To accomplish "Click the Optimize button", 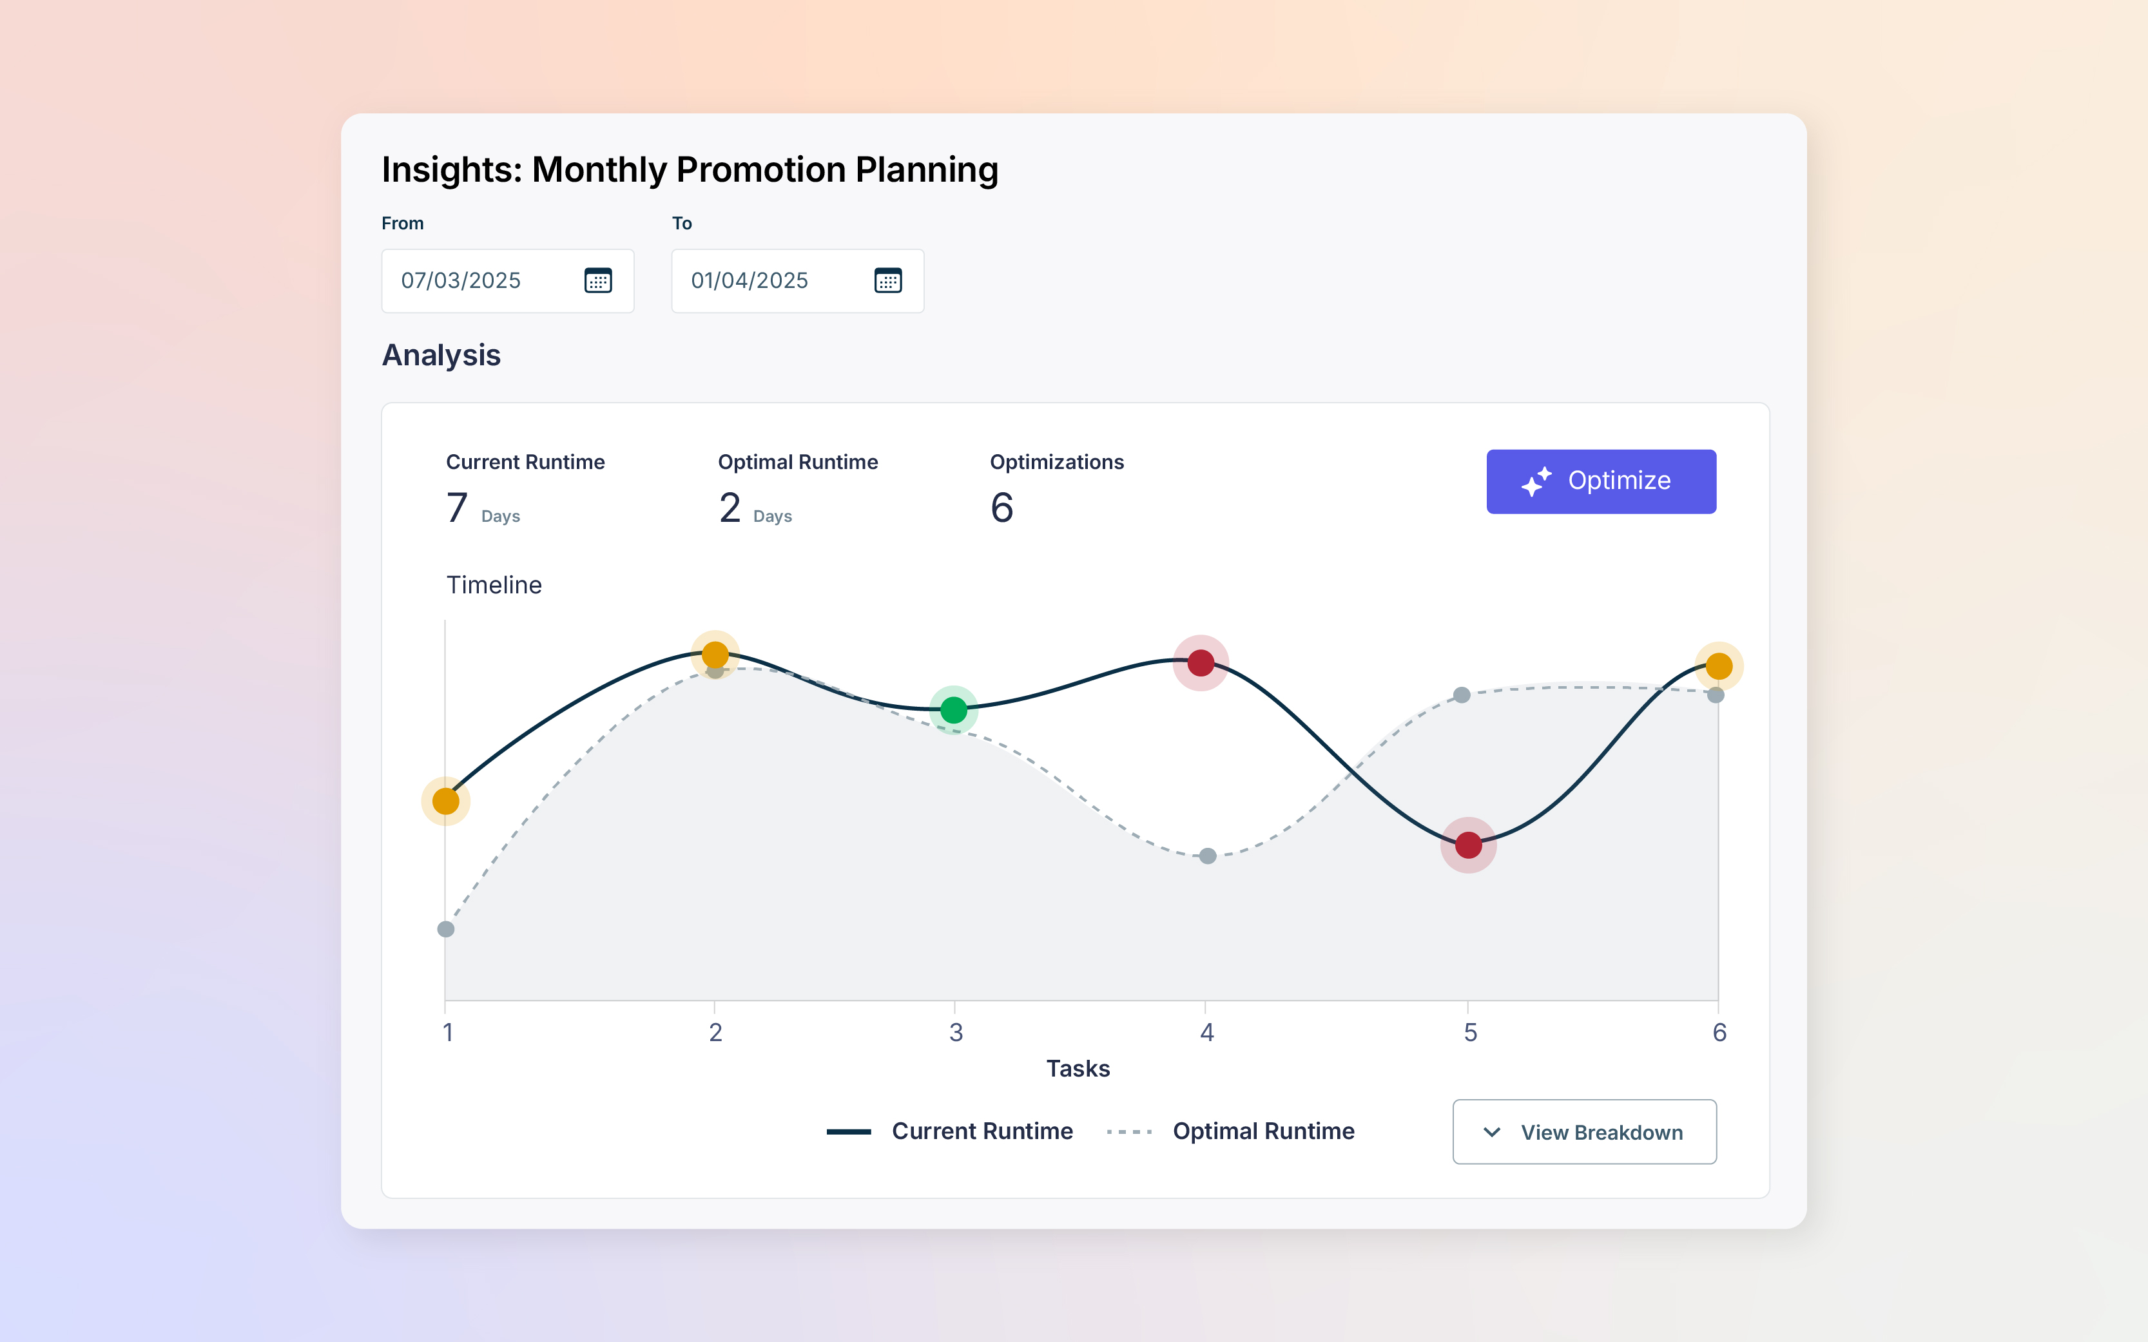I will click(x=1600, y=481).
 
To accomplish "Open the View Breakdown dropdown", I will click(x=1583, y=1131).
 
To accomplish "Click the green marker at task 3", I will click(x=953, y=710).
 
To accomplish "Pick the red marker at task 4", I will click(x=1200, y=663).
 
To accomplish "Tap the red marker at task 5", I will click(x=1468, y=845).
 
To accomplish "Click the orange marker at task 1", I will click(x=445, y=801).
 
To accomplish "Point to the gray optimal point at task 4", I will click(x=1207, y=856).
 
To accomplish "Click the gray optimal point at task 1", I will click(x=445, y=929).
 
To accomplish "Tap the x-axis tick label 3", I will click(x=956, y=1032).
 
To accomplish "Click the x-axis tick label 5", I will click(x=1470, y=1032).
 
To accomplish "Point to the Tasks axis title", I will click(x=1078, y=1069).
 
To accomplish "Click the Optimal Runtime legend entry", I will click(x=1262, y=1131).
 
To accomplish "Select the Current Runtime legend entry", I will click(x=981, y=1131).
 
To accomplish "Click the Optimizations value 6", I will click(x=1001, y=508).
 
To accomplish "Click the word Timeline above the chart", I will click(x=494, y=585).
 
